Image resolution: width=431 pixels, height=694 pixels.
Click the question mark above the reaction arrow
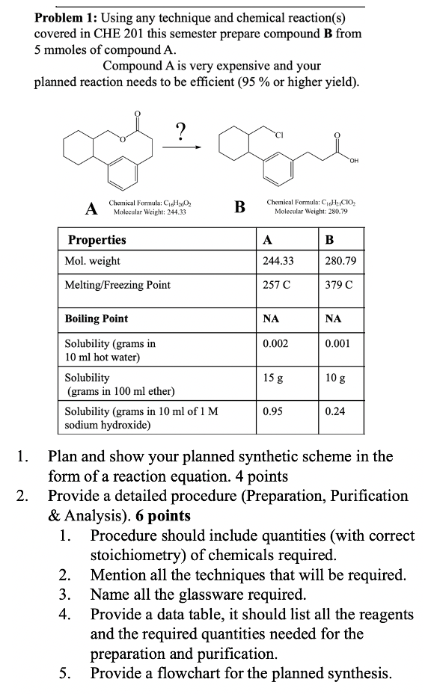[180, 130]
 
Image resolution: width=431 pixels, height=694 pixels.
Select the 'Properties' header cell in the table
[97, 240]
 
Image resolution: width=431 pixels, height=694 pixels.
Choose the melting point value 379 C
[339, 285]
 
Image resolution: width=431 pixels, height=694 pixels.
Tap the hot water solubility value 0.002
[275, 344]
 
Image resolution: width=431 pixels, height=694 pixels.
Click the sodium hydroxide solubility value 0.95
[272, 411]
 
